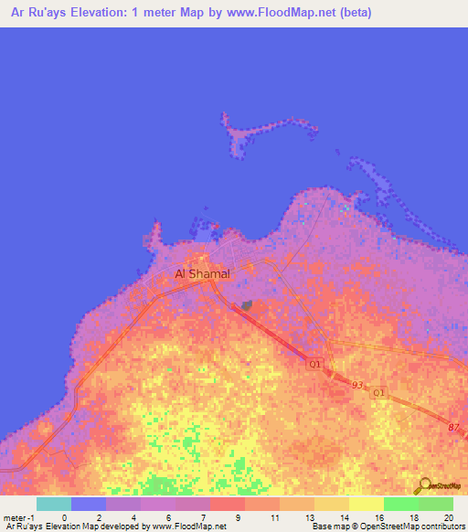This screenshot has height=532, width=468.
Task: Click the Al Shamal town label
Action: click(x=202, y=273)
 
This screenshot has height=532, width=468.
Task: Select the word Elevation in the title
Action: click(x=101, y=12)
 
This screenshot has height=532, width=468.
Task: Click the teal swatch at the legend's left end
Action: click(x=53, y=504)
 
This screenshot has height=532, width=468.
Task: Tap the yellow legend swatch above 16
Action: click(x=366, y=504)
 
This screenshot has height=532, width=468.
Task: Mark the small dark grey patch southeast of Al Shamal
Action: click(x=247, y=306)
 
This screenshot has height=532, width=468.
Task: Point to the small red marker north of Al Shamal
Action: click(x=216, y=227)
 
